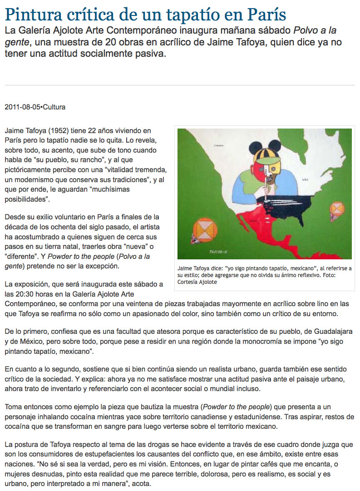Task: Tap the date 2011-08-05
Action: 22,108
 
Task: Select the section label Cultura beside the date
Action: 54,108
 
